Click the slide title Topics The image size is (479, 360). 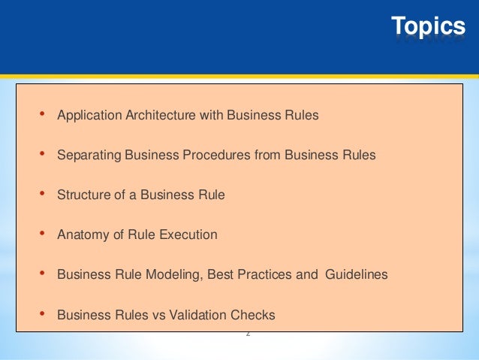tap(429, 27)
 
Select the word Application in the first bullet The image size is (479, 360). tap(89, 116)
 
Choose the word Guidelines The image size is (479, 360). tap(356, 274)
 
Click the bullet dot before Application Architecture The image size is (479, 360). tap(41, 115)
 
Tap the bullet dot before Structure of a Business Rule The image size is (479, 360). tap(41, 194)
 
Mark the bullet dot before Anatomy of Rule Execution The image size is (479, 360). tap(41, 234)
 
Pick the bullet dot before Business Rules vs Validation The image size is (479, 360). tap(41, 313)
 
